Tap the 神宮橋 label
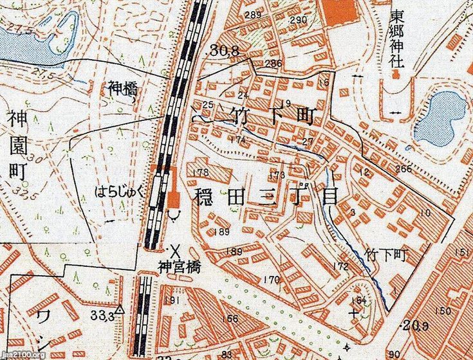(176, 265)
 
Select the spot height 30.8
(219, 49)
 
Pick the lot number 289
(253, 15)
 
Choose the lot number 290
(298, 20)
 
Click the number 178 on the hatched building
(201, 172)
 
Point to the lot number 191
(171, 301)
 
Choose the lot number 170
(272, 280)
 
